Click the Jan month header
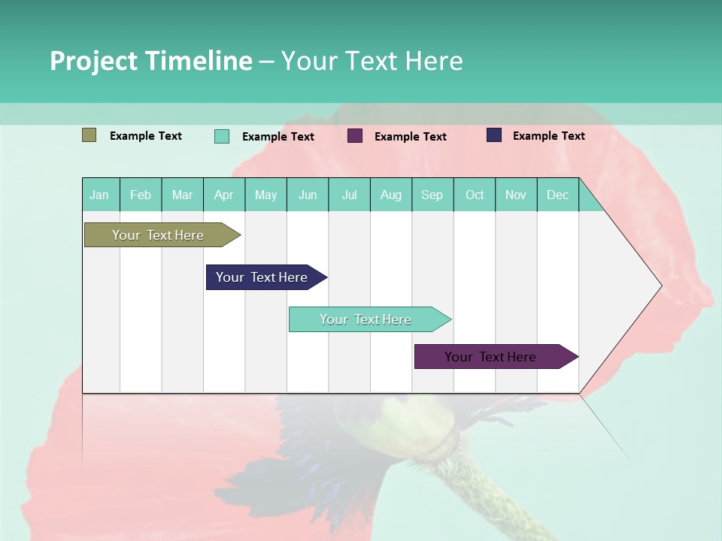click(x=100, y=195)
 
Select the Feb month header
click(x=141, y=195)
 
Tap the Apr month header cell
click(x=224, y=195)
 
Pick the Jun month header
click(x=308, y=195)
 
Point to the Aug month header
click(x=391, y=195)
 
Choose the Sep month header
click(x=432, y=195)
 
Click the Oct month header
click(x=475, y=195)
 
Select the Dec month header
click(x=558, y=195)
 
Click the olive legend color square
click(x=89, y=135)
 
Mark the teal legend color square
click(x=222, y=136)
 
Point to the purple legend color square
click(x=355, y=136)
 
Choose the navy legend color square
click(x=494, y=135)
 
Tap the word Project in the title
click(x=93, y=61)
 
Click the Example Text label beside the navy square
click(x=548, y=135)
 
